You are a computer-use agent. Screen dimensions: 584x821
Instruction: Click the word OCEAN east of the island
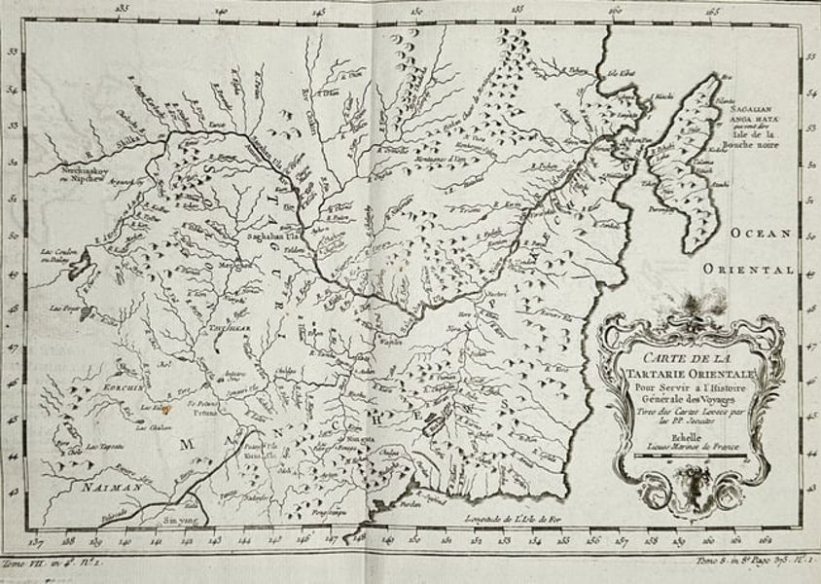click(765, 234)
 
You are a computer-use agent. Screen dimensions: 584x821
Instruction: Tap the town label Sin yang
click(182, 521)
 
